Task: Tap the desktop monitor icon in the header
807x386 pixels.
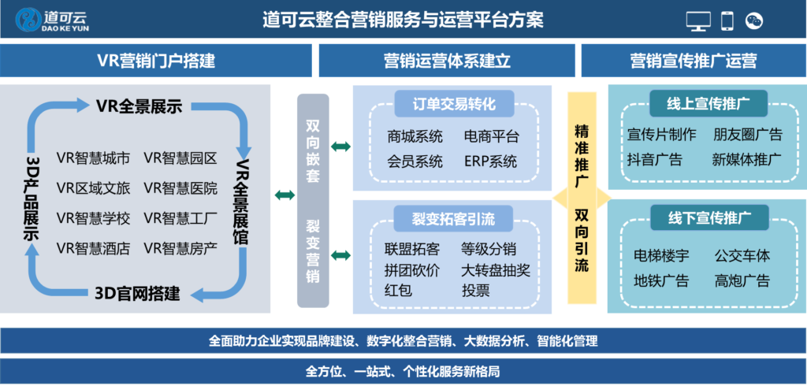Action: click(x=698, y=21)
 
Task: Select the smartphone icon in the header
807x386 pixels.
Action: click(x=727, y=21)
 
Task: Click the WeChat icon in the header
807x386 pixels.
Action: click(x=755, y=21)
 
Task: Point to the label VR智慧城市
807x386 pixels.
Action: click(x=93, y=158)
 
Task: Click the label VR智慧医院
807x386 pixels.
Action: click(x=180, y=188)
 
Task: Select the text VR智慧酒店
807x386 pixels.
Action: click(x=93, y=248)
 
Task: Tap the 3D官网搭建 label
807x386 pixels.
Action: click(x=137, y=295)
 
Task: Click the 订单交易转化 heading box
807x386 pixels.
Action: click(x=452, y=104)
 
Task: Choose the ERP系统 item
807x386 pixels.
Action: click(x=490, y=161)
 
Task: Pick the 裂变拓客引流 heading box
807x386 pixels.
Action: click(x=452, y=218)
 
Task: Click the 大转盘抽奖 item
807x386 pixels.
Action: click(x=496, y=270)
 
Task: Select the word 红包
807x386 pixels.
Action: click(x=399, y=290)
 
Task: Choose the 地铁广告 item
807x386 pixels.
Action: click(x=661, y=280)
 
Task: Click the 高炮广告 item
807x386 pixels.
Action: click(x=742, y=280)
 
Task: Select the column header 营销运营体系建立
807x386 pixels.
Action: click(x=447, y=61)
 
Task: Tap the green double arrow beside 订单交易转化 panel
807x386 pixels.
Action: click(x=341, y=147)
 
